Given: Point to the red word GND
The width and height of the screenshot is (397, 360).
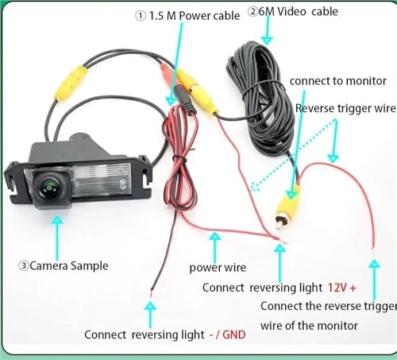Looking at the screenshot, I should tap(233, 335).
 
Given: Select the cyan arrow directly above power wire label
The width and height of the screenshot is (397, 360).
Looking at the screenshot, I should tap(212, 242).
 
